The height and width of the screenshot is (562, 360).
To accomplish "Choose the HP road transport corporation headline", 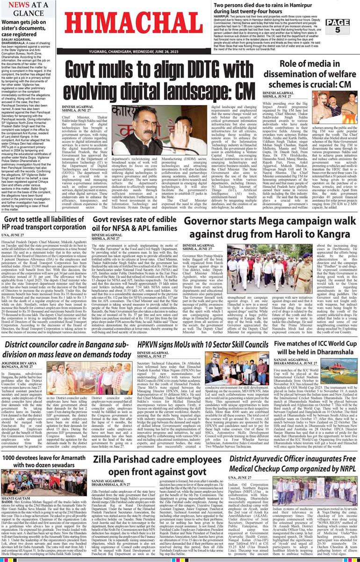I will click(43, 223).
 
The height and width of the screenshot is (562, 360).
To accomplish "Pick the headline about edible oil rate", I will click(135, 223).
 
